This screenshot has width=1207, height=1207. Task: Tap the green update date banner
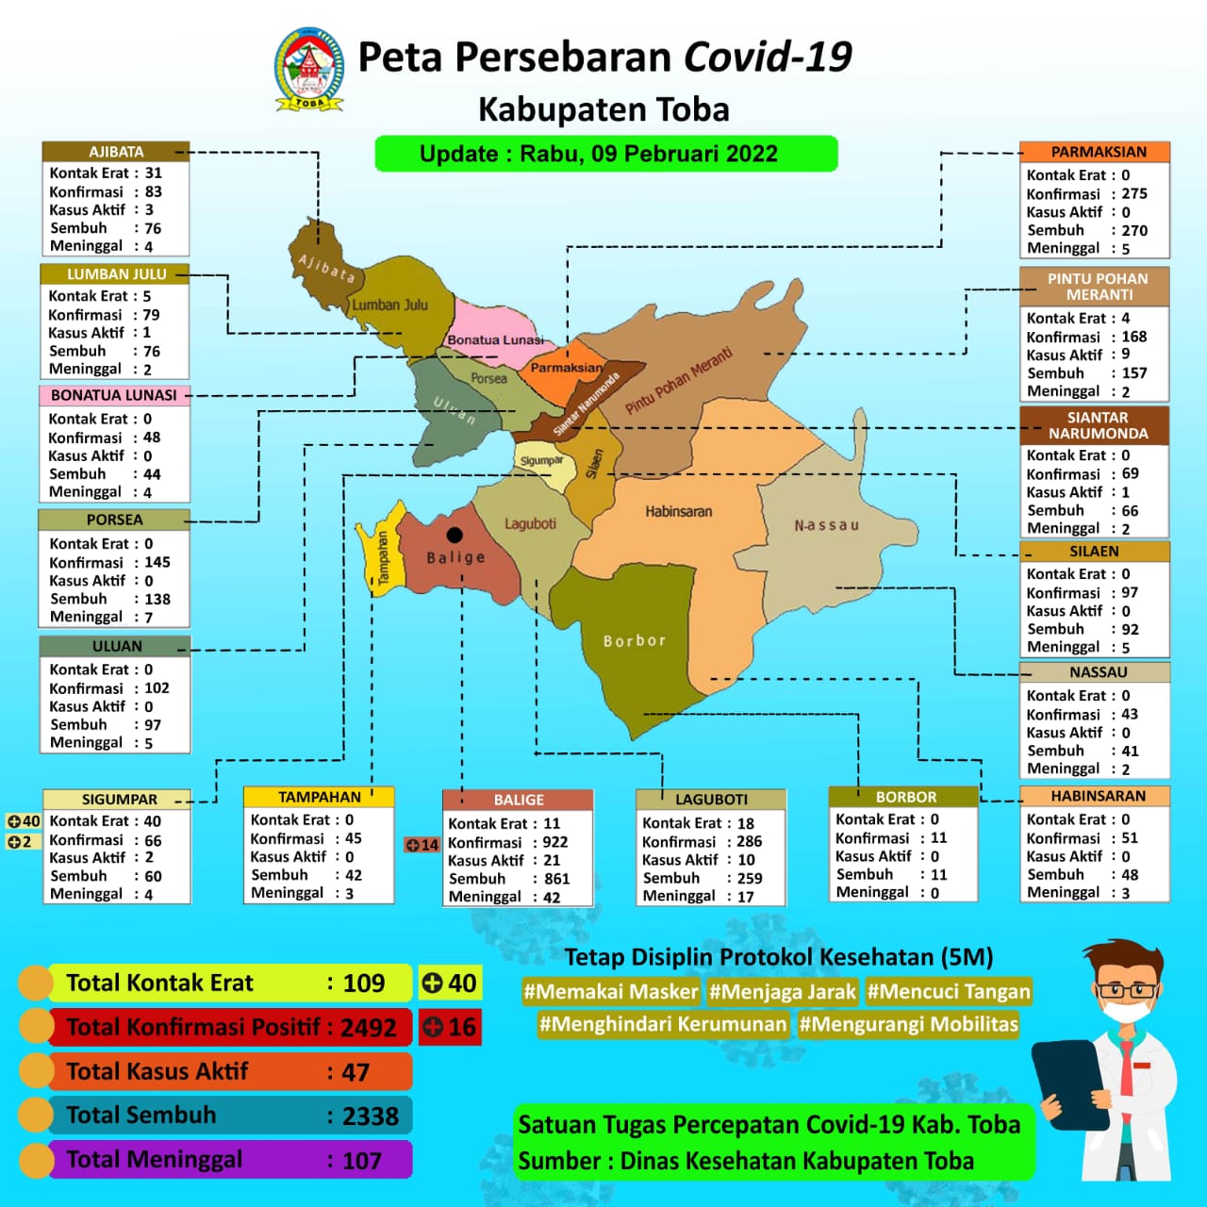pos(605,154)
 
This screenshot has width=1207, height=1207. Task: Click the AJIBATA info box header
pos(116,152)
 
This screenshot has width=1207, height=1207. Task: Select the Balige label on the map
pos(455,557)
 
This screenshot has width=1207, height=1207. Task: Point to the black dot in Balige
pos(455,535)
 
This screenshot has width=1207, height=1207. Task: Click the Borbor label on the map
pos(634,640)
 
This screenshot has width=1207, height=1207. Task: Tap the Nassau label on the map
pos(826,525)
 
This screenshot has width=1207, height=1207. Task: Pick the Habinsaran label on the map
pos(678,511)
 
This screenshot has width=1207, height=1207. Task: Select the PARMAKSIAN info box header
pos(1098,152)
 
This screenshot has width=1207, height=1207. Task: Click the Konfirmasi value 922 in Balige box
pos(554,842)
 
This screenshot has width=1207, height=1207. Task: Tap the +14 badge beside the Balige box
pos(422,844)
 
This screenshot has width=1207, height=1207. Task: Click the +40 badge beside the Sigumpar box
pos(24,821)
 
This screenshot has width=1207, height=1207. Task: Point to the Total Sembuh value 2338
pos(370,1116)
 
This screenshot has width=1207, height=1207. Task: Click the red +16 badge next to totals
pos(450,1027)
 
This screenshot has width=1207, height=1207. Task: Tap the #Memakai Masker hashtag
pos(611,991)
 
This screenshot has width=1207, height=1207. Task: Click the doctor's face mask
pos(1122,1013)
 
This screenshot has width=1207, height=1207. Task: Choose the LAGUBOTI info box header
pos(711,800)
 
